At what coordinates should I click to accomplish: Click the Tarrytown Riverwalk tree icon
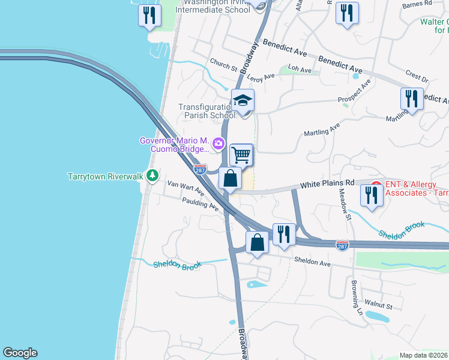pos(153,175)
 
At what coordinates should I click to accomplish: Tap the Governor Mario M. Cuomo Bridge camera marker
pos(218,143)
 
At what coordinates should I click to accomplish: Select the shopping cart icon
pos(241,154)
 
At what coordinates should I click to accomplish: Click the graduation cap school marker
pos(243,100)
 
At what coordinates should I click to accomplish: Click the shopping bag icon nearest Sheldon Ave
pos(257,242)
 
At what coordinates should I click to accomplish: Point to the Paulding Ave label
pos(201,205)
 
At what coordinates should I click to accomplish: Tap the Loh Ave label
pos(300,70)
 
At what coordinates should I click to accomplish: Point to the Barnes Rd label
pos(418,4)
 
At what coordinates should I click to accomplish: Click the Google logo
pos(20,353)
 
